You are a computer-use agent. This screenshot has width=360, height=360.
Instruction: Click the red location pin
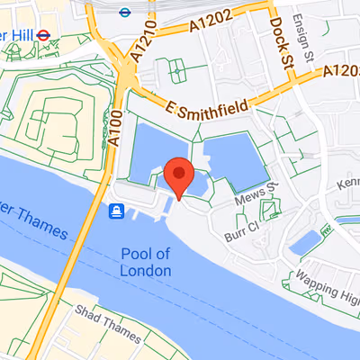(x=178, y=174)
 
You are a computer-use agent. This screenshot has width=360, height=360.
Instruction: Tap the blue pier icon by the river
(x=117, y=211)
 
